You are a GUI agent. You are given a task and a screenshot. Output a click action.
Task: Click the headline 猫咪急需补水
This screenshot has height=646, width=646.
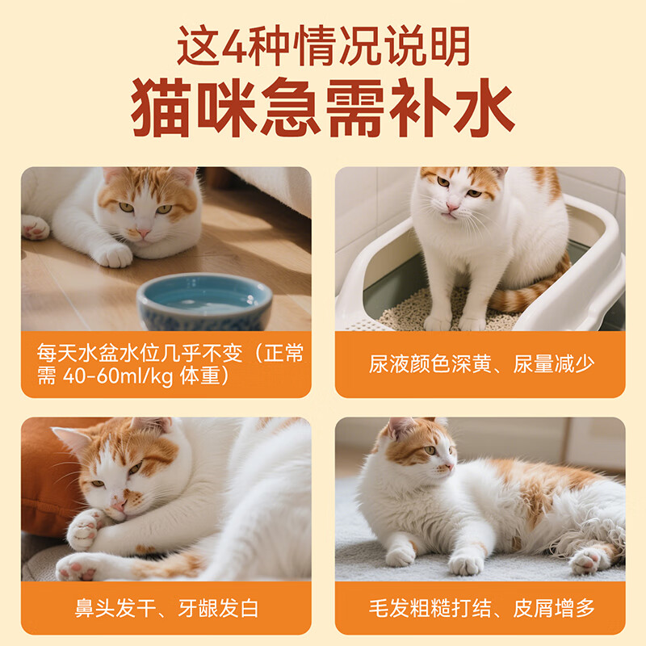pyautogui.click(x=323, y=107)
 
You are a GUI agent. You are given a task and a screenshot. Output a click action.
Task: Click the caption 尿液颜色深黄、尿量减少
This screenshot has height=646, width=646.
pyautogui.click(x=481, y=364)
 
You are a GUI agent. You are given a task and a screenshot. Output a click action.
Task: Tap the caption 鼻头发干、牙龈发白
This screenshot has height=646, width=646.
pyautogui.click(x=166, y=607)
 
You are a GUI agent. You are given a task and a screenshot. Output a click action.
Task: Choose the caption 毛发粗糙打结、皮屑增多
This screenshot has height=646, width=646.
pyautogui.click(x=481, y=607)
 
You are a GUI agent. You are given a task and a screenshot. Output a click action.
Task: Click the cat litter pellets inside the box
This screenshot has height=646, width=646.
pyautogui.click(x=404, y=311)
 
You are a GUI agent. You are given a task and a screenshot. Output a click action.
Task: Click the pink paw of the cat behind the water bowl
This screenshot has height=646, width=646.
pyautogui.click(x=35, y=227)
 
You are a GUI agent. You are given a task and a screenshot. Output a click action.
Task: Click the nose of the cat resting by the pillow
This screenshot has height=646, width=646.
pyautogui.click(x=118, y=504)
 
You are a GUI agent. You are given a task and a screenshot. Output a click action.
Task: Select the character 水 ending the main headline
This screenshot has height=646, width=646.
pyautogui.click(x=482, y=108)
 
